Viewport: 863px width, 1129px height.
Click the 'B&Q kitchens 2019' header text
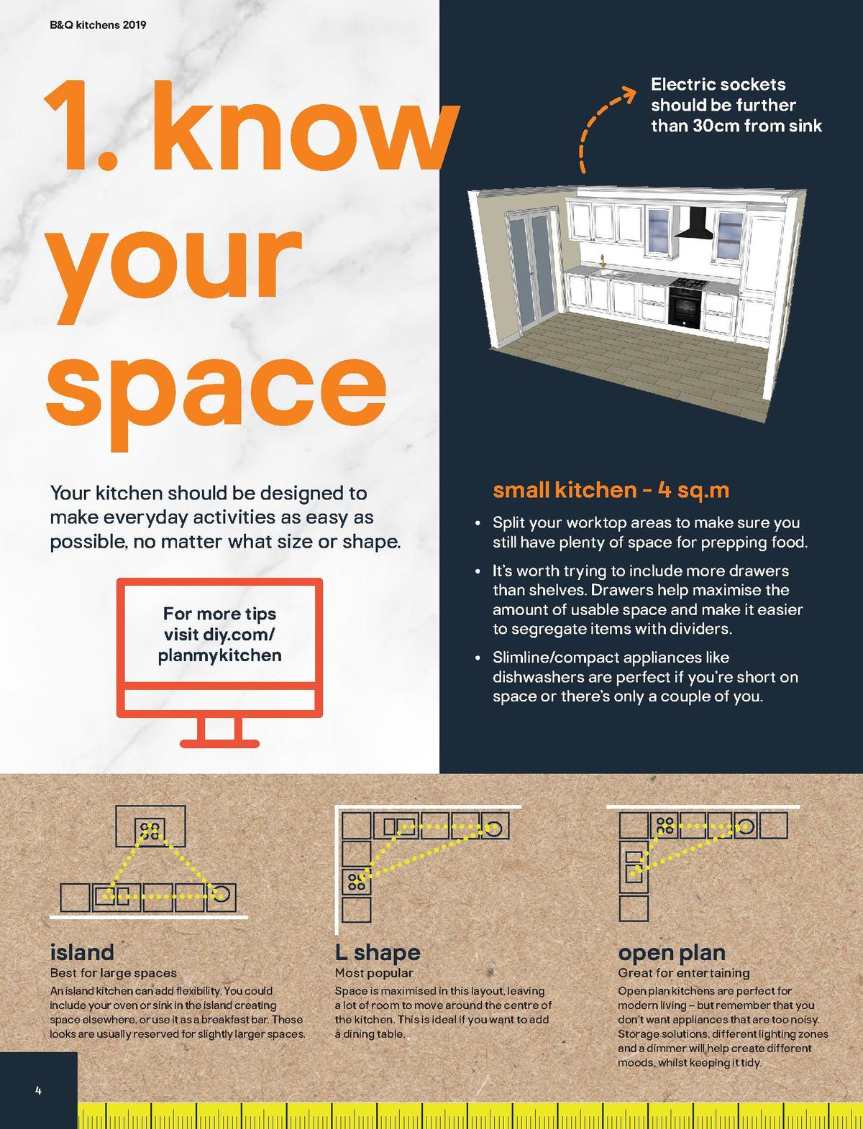[98, 24]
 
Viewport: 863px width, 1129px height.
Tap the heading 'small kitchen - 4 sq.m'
[611, 490]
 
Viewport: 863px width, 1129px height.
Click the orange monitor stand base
[220, 744]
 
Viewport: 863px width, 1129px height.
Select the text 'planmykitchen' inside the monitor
[220, 656]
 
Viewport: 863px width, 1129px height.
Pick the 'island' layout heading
[82, 952]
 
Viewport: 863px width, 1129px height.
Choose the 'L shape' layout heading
[378, 953]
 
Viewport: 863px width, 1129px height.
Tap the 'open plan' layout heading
[672, 954]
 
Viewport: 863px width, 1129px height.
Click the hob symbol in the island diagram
[150, 831]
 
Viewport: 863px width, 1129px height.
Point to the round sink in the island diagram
[221, 894]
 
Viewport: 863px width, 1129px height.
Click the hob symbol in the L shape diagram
[356, 881]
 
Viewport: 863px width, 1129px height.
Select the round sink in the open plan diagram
[746, 826]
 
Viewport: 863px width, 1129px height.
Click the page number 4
[38, 1089]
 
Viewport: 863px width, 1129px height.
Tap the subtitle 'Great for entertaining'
[684, 973]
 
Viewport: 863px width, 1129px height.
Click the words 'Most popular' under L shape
[374, 973]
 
